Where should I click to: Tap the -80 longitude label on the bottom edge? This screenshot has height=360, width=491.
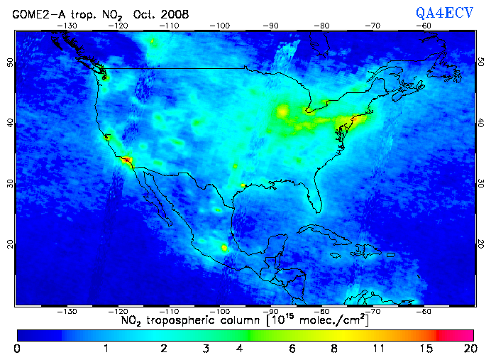click(x=322, y=311)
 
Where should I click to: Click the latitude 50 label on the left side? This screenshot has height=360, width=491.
click(x=9, y=62)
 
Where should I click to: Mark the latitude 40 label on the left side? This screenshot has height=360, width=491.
click(x=9, y=123)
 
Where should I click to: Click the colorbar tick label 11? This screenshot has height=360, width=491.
click(x=380, y=348)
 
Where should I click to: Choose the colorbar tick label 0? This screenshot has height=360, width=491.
click(x=17, y=348)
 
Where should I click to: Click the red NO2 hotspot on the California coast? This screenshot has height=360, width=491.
click(x=126, y=160)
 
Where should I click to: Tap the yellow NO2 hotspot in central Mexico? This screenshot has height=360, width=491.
click(x=225, y=248)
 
